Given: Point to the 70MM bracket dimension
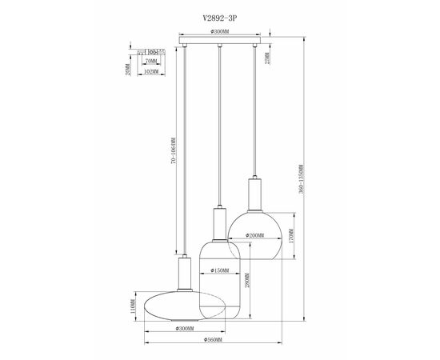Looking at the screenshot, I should click(x=151, y=60).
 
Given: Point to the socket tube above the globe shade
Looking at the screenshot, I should click(x=255, y=194).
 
